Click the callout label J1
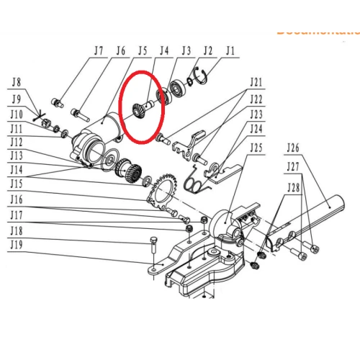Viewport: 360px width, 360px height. click(230, 51)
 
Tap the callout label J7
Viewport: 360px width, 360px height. click(99, 51)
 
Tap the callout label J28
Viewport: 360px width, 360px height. click(294, 189)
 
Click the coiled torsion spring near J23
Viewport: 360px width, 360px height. click(195, 183)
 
